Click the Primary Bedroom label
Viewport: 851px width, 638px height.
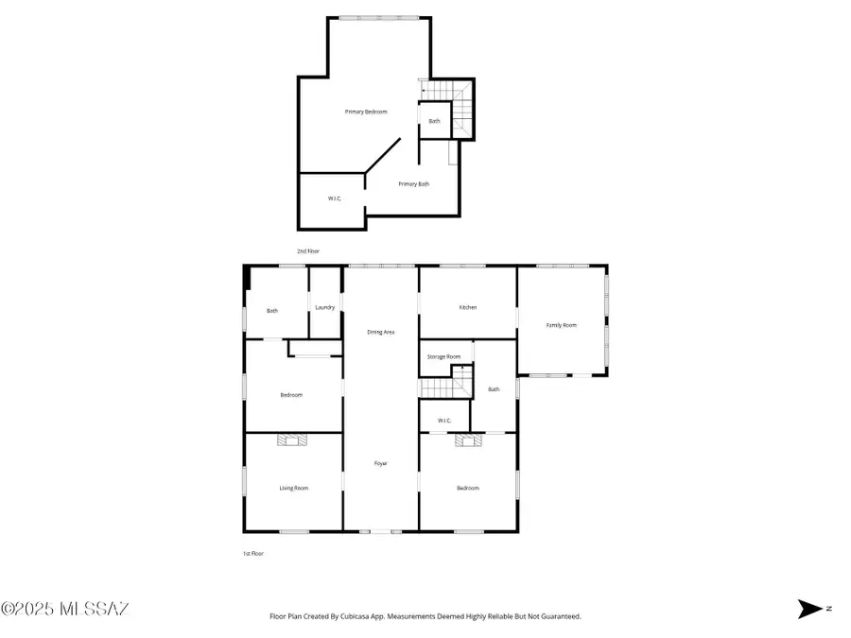365,112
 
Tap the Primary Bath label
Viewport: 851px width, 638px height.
413,184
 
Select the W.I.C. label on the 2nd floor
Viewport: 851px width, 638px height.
334,198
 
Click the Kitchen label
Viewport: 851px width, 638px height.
467,307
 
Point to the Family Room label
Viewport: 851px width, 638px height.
561,325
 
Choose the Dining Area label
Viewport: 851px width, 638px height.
380,332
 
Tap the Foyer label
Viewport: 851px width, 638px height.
380,463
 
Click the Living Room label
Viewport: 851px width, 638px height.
293,488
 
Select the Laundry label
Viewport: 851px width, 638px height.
324,307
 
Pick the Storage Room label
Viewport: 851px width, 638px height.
443,356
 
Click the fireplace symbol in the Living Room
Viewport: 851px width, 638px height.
291,440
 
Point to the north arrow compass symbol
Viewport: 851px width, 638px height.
811,610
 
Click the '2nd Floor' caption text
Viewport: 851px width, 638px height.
308,251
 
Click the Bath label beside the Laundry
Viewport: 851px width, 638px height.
272,311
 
